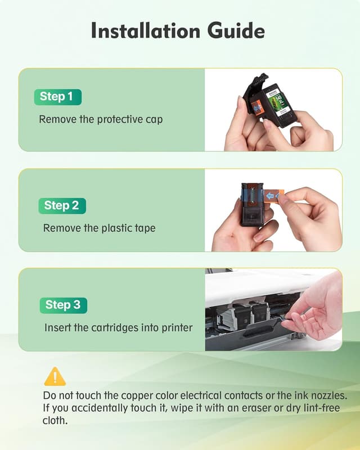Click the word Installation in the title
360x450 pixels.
point(146,30)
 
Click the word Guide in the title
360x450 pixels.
point(236,31)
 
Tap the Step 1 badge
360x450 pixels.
point(58,97)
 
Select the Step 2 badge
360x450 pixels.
point(62,206)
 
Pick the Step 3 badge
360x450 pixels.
point(63,305)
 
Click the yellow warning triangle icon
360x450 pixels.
point(55,376)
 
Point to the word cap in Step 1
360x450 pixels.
point(154,120)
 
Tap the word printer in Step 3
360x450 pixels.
point(177,328)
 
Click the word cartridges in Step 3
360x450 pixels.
point(114,328)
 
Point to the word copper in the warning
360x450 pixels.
point(137,396)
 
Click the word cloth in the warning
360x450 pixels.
point(55,420)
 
